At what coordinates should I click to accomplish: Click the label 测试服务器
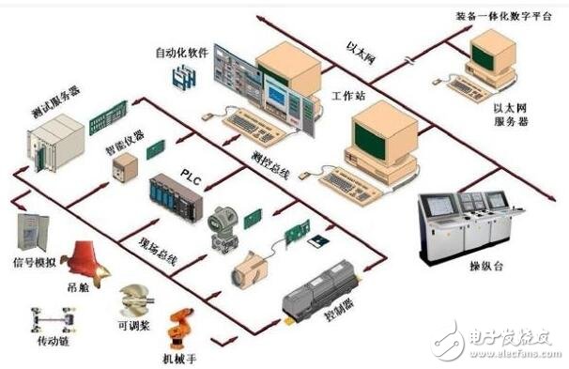54,104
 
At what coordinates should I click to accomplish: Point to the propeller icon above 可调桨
132,301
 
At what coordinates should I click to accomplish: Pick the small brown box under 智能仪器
124,169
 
